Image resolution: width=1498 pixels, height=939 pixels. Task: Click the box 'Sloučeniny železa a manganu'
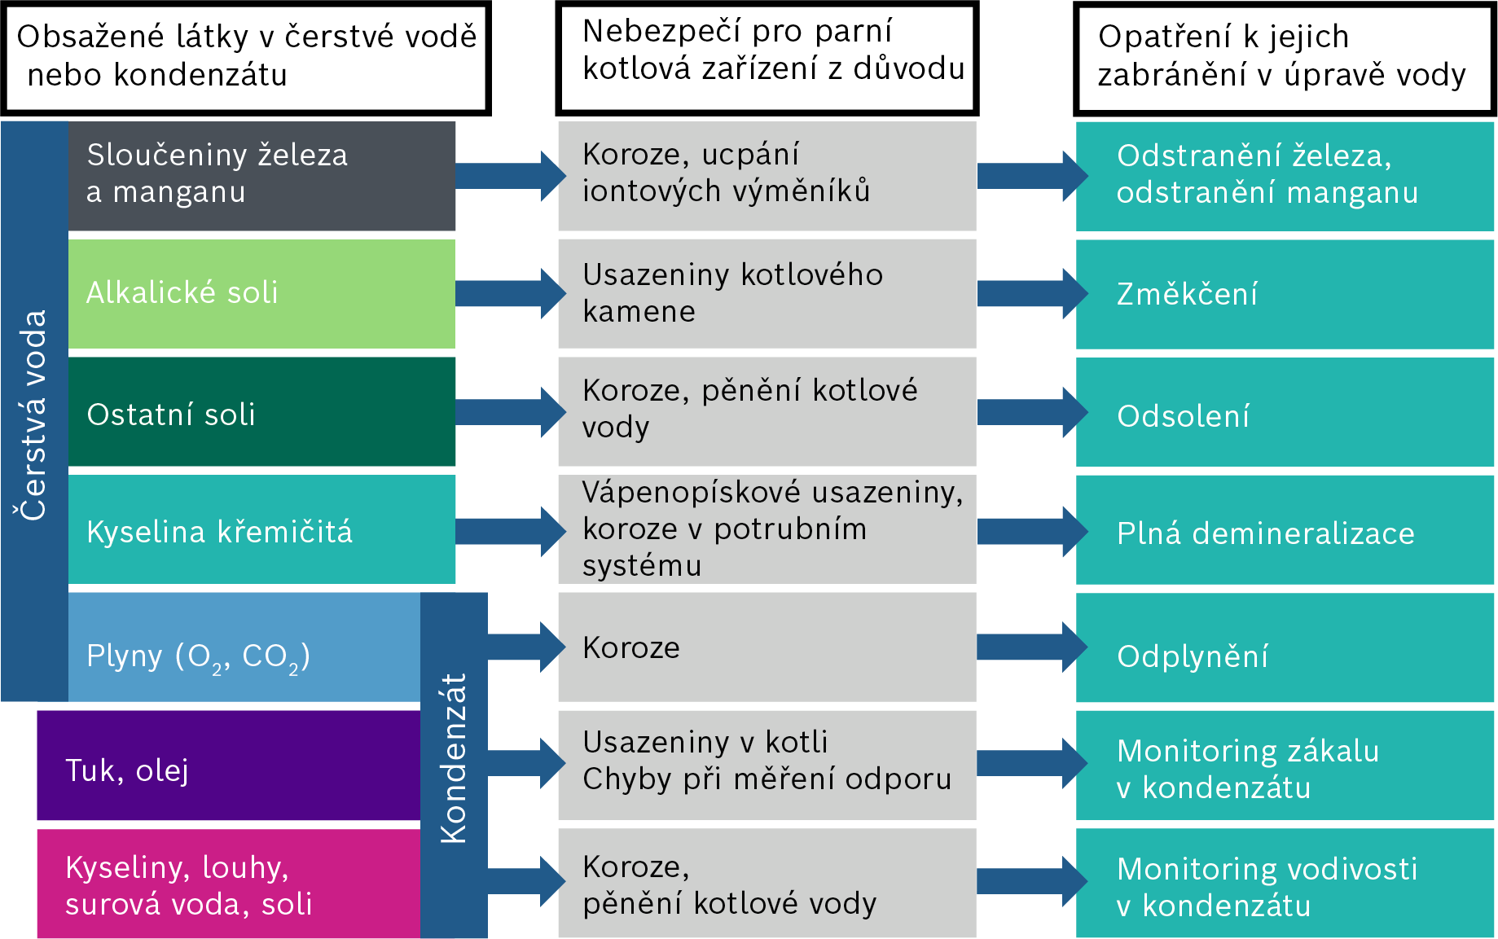pyautogui.click(x=261, y=175)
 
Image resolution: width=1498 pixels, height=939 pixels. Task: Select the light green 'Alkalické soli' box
pyautogui.click(x=261, y=293)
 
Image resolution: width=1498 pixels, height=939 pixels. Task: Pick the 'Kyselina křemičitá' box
pyautogui.click(x=261, y=529)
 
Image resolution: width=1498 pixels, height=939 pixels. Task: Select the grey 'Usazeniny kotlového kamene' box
pyautogui.click(x=767, y=293)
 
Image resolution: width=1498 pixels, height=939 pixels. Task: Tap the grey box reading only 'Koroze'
pyautogui.click(x=767, y=647)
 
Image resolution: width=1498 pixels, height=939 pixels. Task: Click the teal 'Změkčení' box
pyautogui.click(x=1285, y=293)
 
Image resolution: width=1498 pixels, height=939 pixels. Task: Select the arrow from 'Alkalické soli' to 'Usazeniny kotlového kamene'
pyautogui.click(x=509, y=293)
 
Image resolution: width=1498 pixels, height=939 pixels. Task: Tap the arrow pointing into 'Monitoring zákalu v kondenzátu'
pyautogui.click(x=1030, y=763)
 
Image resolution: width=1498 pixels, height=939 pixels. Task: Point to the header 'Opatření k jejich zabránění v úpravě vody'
pyautogui.click(x=1284, y=57)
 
